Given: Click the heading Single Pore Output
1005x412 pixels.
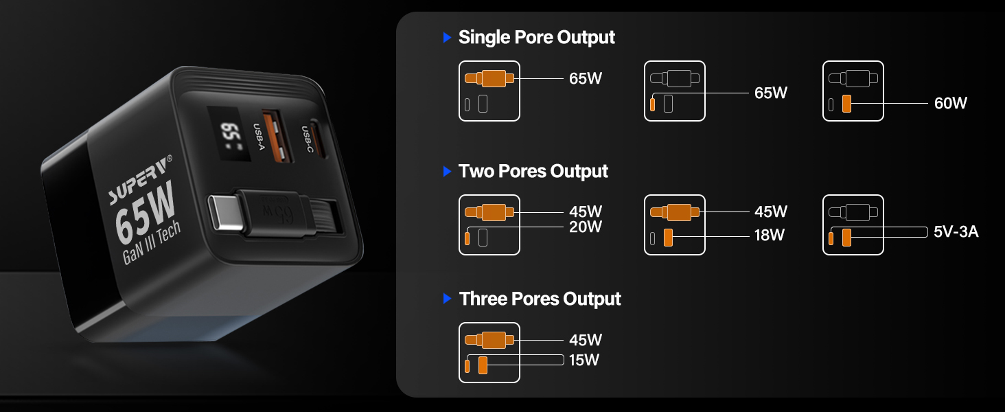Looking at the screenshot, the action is coord(537,38).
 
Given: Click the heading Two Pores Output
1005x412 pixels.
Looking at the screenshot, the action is coord(533,172).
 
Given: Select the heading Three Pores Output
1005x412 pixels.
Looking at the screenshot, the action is coord(540,299).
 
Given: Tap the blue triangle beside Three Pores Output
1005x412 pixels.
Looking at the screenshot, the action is coord(447,299).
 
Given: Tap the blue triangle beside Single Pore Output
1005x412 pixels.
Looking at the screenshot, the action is coord(447,37).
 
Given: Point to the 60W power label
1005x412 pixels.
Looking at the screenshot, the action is coord(950,103).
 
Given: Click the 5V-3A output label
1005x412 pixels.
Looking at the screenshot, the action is coord(956,231).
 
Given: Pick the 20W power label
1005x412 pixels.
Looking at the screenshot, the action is coord(585,227).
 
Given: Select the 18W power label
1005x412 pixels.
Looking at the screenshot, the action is coord(769,235).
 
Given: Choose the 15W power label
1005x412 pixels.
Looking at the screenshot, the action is coord(584,360).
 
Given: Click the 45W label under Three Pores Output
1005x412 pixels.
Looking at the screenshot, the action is coord(585,340).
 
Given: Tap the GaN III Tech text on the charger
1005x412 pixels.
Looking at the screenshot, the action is coord(152,242).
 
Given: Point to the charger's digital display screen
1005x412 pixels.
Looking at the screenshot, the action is coord(229,134).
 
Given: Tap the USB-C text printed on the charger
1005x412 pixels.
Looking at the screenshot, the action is coord(308,139).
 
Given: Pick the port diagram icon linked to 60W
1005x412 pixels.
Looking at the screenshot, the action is coord(853,91).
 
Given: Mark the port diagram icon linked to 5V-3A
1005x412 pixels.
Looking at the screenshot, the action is coord(853,225).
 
